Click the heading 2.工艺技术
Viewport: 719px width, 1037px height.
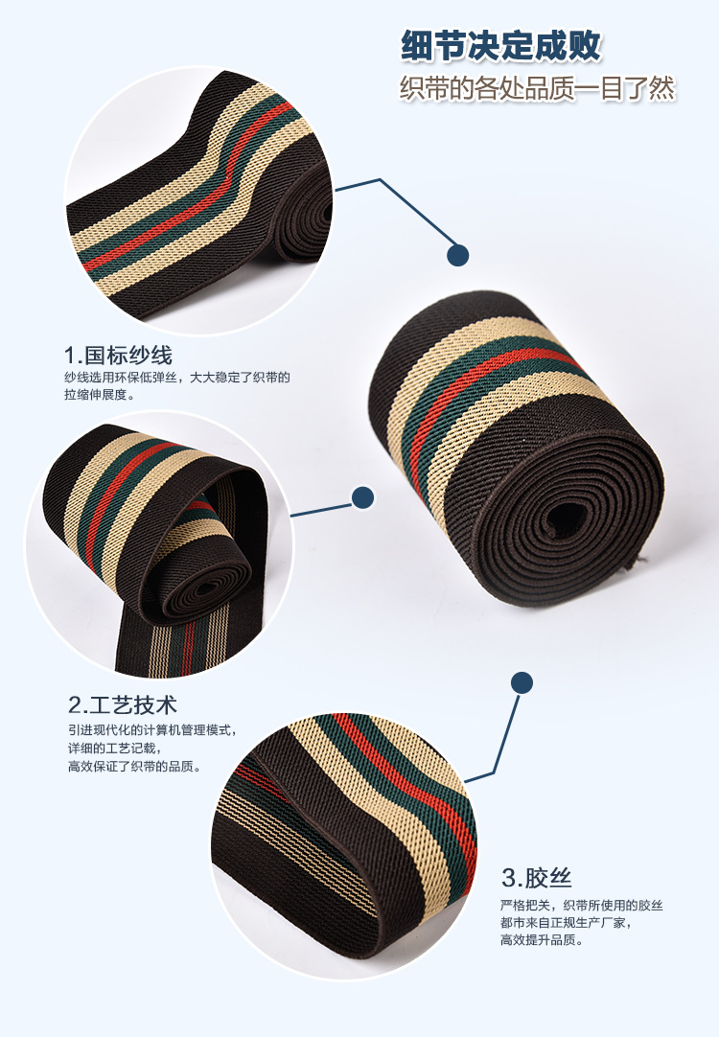[x=123, y=705]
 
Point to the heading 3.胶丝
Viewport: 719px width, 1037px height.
[x=537, y=878]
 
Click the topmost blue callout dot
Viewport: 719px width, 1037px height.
[x=458, y=255]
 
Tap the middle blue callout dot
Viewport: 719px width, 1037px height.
[x=362, y=496]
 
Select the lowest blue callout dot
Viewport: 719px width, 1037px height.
[x=522, y=681]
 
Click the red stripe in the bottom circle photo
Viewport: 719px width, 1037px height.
[x=403, y=767]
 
